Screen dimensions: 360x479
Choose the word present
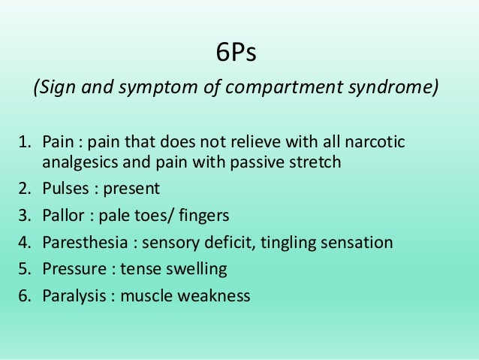coord(134,189)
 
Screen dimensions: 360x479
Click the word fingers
coord(203,216)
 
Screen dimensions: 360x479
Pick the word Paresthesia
coord(86,243)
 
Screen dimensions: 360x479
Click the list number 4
coord(23,243)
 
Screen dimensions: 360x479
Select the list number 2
coord(23,189)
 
